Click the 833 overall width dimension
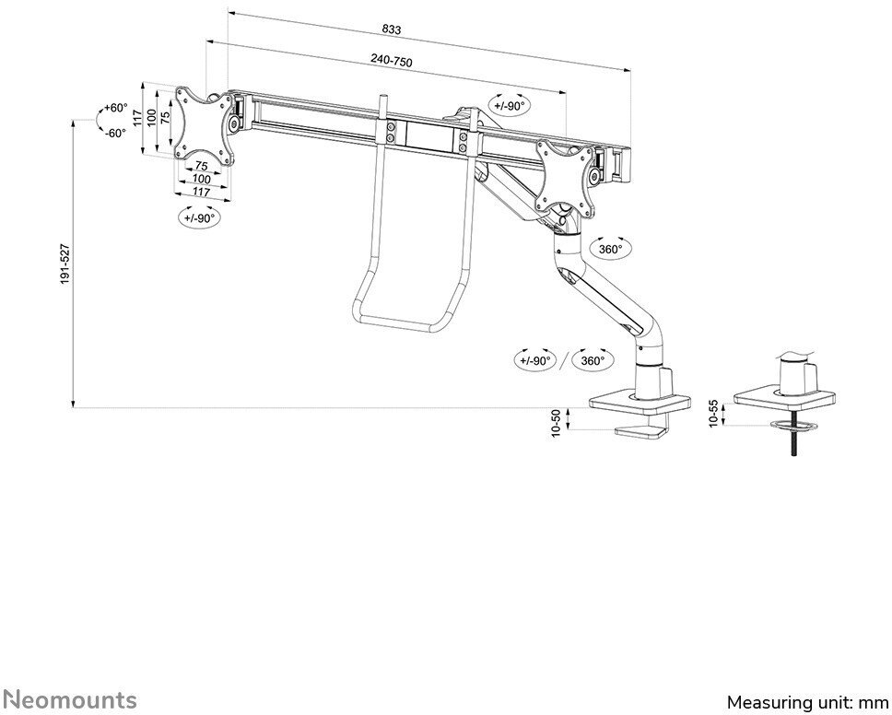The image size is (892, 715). click(391, 29)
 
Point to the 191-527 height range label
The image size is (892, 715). click(65, 264)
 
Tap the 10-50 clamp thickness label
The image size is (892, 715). click(557, 424)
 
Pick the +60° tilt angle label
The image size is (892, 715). click(115, 108)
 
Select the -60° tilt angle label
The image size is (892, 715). click(115, 133)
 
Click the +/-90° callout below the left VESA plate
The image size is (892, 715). click(197, 218)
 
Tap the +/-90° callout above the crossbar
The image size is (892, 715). click(509, 106)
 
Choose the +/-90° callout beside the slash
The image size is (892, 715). click(535, 360)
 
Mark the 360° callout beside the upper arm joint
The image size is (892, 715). click(610, 249)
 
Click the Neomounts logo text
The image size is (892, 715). click(68, 699)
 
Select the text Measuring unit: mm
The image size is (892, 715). click(807, 702)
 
